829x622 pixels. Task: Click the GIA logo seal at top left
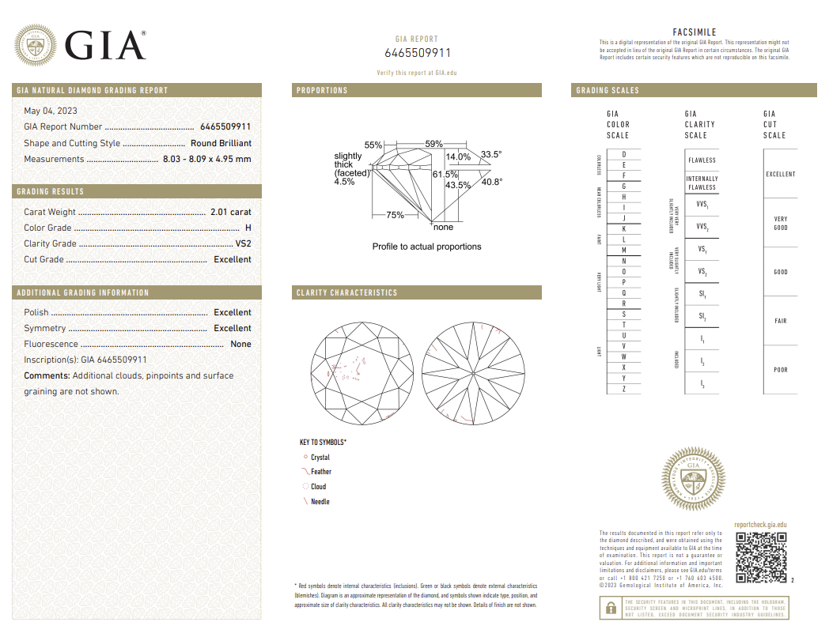tap(35, 47)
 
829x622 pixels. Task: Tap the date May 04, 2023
tap(51, 111)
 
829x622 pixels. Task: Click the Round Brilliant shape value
tap(221, 144)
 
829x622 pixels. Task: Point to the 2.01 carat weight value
tap(230, 212)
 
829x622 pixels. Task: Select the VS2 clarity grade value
tap(243, 243)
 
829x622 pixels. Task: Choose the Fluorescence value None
tap(240, 345)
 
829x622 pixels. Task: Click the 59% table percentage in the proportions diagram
tap(433, 144)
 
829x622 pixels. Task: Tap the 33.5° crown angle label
tap(490, 155)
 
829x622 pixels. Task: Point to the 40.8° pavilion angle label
tap(491, 182)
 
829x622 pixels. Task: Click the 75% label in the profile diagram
tap(395, 215)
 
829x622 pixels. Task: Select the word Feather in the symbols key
tap(320, 472)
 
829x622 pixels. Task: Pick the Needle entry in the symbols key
tap(320, 502)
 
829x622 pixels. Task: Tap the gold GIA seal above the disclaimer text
tap(693, 479)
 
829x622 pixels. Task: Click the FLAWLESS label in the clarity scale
tap(702, 160)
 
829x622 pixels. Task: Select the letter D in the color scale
tap(624, 154)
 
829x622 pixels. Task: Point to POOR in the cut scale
tap(780, 370)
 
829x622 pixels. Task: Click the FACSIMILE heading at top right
tap(694, 32)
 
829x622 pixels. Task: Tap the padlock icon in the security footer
tap(611, 607)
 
